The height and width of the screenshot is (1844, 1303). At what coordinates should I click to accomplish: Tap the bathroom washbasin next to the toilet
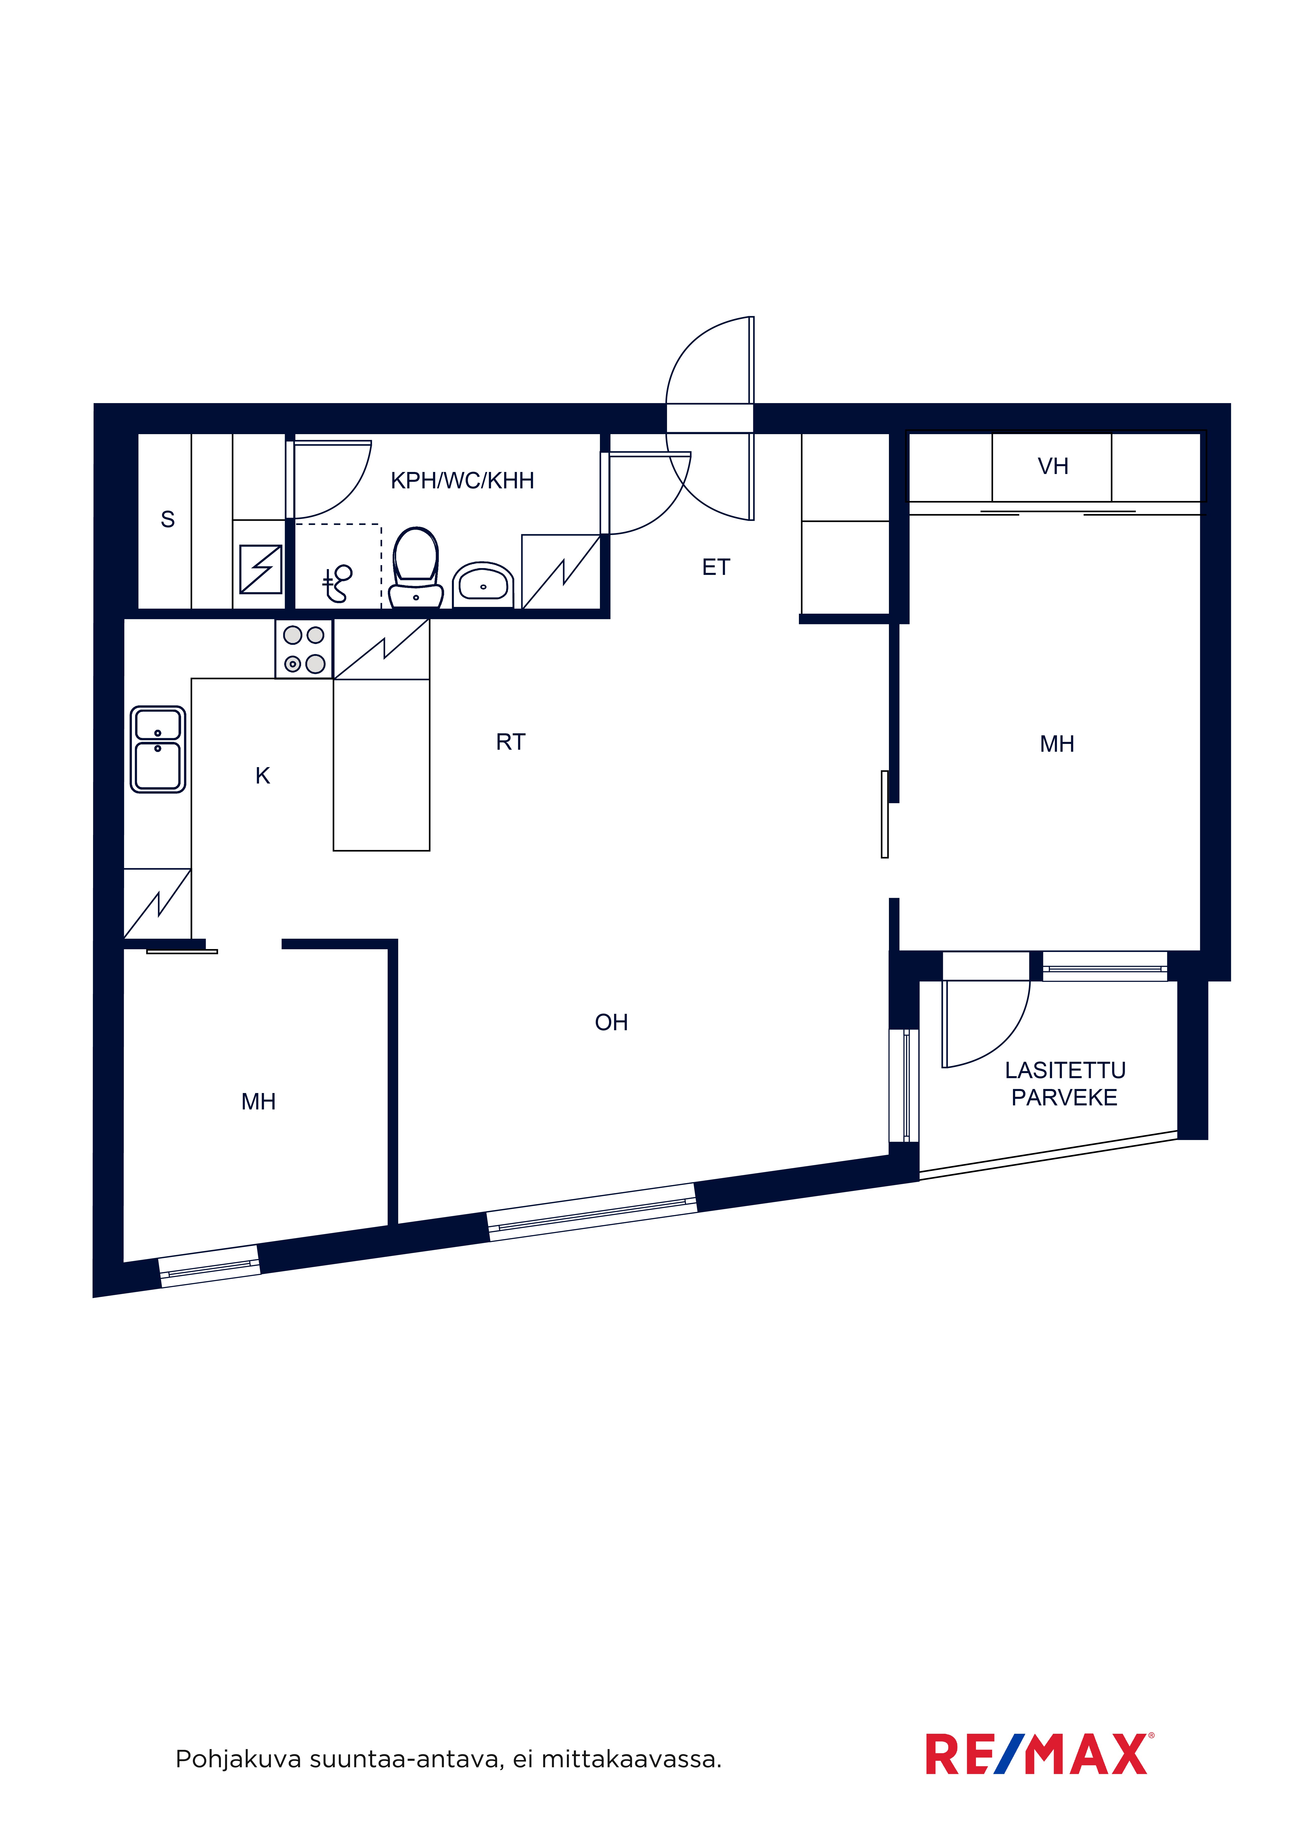point(483,585)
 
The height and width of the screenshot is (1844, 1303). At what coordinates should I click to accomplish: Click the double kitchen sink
point(158,749)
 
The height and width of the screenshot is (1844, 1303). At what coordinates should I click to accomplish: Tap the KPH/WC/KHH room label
point(462,480)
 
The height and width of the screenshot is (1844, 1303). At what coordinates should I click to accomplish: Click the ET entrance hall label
point(716,568)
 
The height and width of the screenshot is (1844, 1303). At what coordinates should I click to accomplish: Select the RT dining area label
point(511,742)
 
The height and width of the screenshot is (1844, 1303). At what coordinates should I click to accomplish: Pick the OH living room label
point(612,1022)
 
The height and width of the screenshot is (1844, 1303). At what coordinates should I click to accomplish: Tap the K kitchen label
point(263,776)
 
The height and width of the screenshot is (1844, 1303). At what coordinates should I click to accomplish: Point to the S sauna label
point(168,520)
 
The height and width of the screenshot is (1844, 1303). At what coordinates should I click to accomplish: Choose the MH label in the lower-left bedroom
point(258,1102)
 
